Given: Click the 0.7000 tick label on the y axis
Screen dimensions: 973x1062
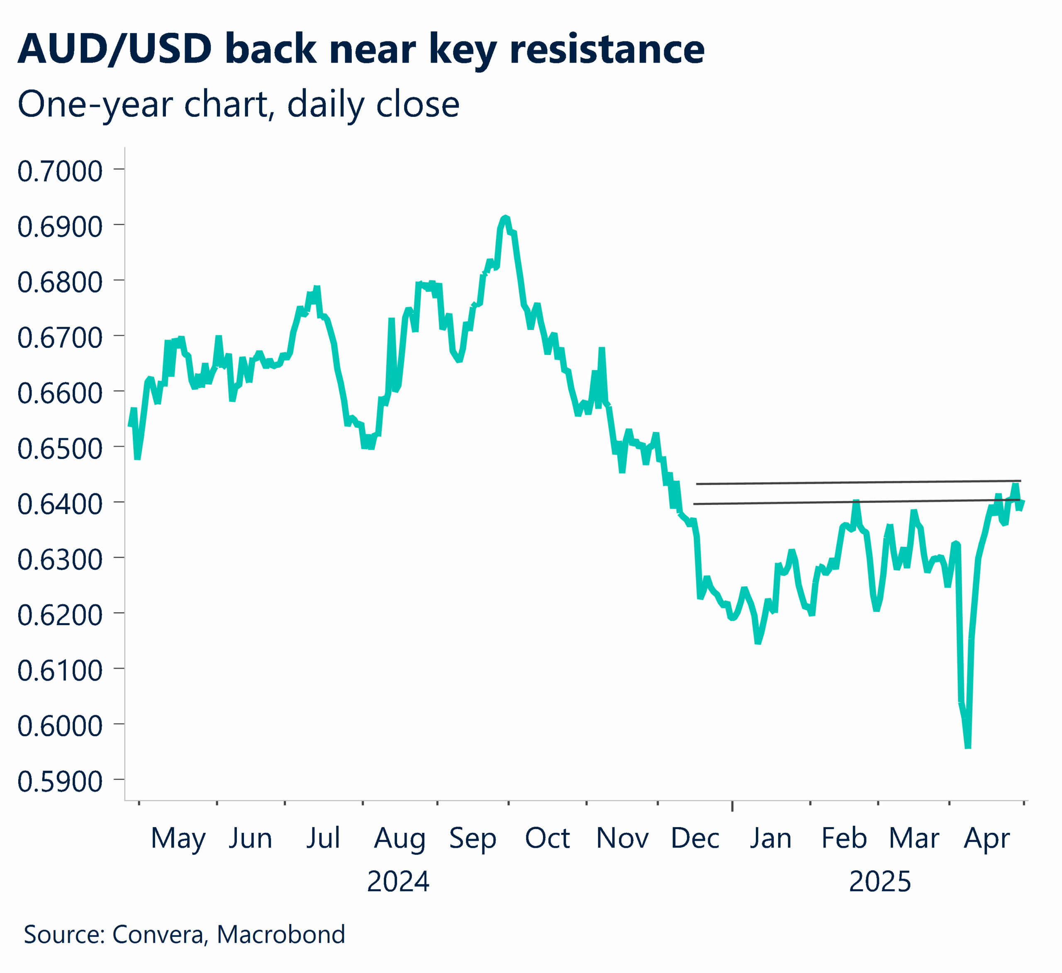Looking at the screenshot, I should (59, 172).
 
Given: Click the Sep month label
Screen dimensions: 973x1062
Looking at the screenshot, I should (473, 838).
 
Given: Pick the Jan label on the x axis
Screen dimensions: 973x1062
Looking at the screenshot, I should (770, 838).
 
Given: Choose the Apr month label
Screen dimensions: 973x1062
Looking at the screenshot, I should (986, 838).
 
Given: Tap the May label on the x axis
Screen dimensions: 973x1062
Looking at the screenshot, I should (178, 838).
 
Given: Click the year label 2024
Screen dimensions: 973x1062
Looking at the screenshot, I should (398, 882).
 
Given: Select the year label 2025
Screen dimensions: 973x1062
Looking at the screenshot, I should (880, 882).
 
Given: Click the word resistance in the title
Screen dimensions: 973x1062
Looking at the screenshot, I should (607, 49).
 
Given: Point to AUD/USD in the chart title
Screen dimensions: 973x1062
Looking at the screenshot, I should (114, 49).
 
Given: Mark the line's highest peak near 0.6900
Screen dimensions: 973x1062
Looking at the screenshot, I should (505, 218).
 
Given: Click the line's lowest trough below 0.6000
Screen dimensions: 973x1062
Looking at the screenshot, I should (968, 747).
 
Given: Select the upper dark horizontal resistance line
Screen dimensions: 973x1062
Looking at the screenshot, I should (859, 482).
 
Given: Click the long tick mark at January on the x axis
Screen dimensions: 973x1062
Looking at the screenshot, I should (732, 806).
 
